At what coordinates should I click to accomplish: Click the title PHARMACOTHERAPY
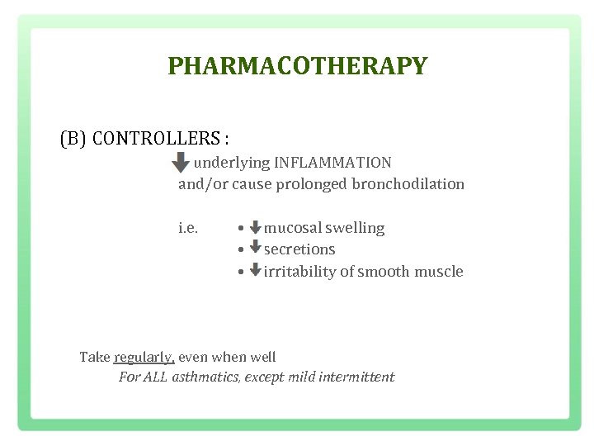(297, 66)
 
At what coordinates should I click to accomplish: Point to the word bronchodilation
(408, 184)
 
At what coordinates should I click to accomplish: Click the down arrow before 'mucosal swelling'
(255, 227)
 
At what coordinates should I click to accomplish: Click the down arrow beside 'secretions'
(255, 248)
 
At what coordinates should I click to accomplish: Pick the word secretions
(299, 249)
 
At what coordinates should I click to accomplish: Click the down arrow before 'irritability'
(255, 270)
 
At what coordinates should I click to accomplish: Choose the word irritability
(302, 272)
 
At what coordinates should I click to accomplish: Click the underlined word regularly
(144, 358)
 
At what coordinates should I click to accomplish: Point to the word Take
(94, 358)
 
